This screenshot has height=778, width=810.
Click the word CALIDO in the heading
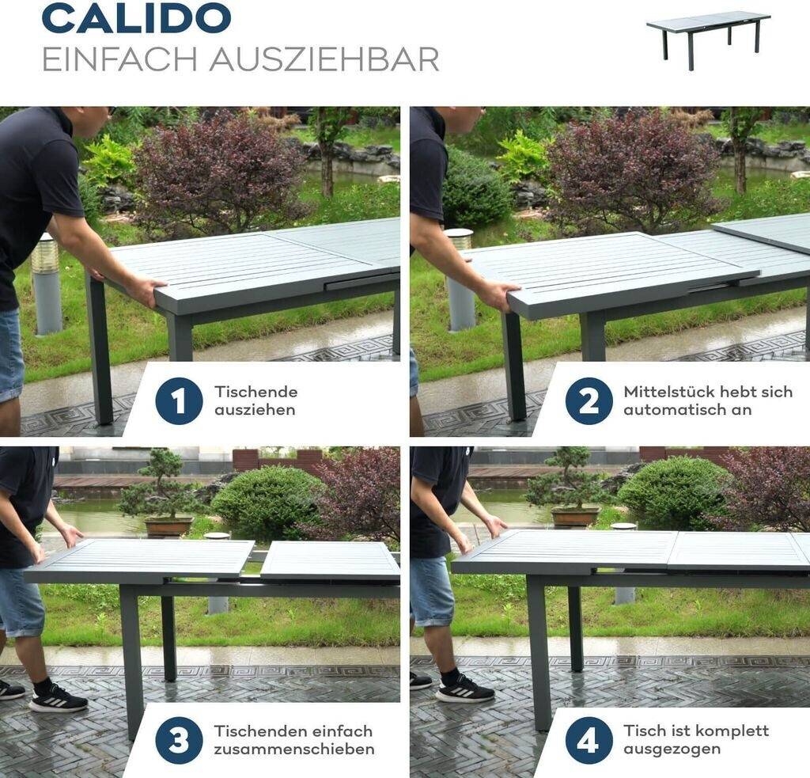click(x=136, y=18)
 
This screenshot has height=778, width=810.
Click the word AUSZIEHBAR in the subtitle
click(x=324, y=59)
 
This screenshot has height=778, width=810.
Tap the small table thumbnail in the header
click(x=708, y=40)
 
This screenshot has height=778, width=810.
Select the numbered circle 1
click(x=179, y=401)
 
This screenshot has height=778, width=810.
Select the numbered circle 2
click(x=589, y=401)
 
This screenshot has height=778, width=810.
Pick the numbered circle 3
click(x=179, y=740)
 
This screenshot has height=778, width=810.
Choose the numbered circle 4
click(x=589, y=740)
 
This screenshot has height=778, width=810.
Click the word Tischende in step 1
click(x=256, y=392)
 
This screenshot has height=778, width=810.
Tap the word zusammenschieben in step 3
click(x=294, y=749)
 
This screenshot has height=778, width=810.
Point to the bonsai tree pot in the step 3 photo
click(x=168, y=526)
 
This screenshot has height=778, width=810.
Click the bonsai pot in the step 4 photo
click(x=575, y=517)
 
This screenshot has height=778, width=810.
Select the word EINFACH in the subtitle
click(x=120, y=59)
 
